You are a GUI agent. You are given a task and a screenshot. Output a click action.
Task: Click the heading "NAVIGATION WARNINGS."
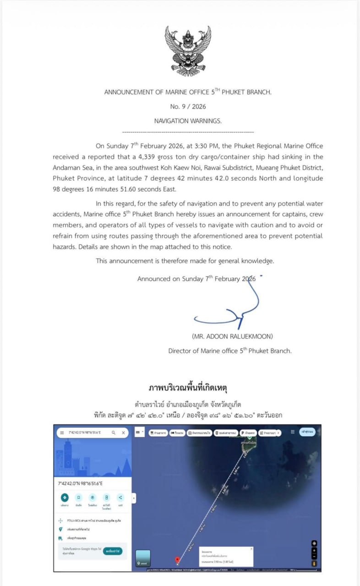pos(188,121)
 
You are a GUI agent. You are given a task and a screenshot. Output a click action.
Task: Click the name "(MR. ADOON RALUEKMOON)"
pos(233,336)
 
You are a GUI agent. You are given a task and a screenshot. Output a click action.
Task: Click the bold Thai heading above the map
pos(188,388)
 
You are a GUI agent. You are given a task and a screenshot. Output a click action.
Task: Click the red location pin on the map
pos(178,559)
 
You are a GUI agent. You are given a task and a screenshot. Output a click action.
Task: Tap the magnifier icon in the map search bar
pos(113,433)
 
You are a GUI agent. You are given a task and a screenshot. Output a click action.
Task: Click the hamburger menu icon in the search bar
pos(62,433)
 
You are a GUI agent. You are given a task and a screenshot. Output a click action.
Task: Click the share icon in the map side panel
pos(120,498)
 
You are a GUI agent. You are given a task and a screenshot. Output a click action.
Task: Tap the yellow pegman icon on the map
pos(314,563)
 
